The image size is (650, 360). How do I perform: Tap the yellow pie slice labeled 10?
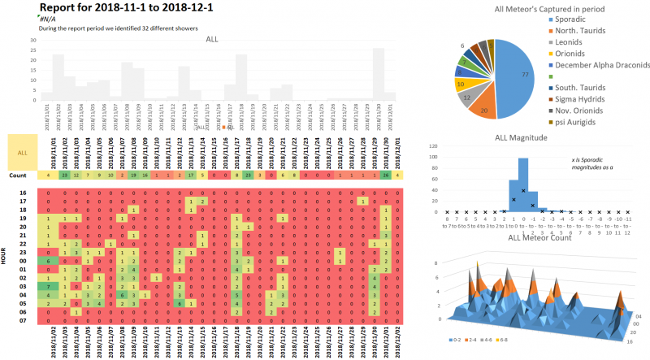(461, 83)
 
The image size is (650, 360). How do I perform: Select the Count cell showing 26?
(387, 175)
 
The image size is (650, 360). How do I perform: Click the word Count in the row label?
(19, 175)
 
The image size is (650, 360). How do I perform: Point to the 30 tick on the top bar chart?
(32, 39)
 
